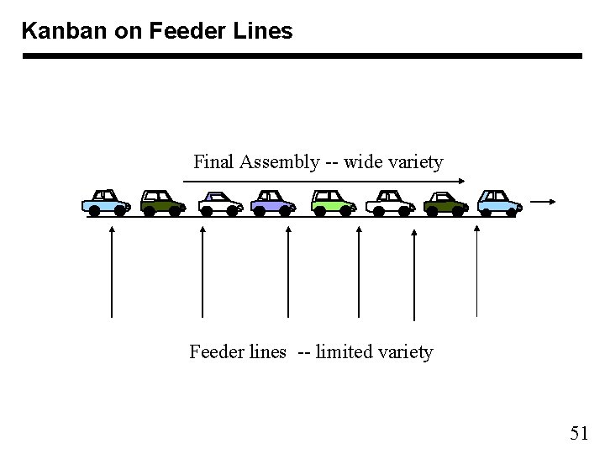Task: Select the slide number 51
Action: [x=579, y=433]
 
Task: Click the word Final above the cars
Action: [x=213, y=161]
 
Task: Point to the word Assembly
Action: [x=279, y=161]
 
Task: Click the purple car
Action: [x=274, y=202]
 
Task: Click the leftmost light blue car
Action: [x=106, y=202]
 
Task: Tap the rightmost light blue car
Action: [x=499, y=202]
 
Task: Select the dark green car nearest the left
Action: [x=162, y=202]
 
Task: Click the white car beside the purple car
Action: [x=220, y=202]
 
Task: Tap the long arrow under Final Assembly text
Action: [x=324, y=181]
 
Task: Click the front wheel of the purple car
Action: [x=285, y=212]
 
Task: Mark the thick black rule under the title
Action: [x=302, y=56]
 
